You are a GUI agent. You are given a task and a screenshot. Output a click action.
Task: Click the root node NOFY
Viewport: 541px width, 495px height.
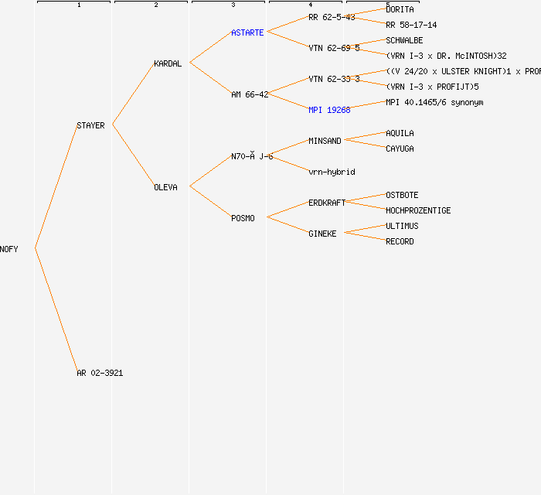[9, 249]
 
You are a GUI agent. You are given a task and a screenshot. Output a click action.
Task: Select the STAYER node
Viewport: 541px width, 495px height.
[90, 125]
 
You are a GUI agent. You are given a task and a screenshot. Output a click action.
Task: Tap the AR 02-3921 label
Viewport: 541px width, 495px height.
[100, 373]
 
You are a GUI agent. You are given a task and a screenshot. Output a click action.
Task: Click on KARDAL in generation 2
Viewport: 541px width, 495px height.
[168, 63]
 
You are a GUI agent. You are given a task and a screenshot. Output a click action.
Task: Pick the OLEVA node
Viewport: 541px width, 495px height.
[165, 187]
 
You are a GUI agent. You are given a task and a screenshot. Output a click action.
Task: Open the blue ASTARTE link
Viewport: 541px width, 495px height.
[247, 32]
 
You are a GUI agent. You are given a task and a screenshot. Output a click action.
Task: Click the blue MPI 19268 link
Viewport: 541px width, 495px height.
[329, 110]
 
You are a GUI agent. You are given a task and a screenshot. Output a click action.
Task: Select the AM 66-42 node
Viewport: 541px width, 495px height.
[250, 94]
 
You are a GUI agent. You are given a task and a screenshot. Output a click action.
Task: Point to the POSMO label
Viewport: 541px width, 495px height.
[243, 218]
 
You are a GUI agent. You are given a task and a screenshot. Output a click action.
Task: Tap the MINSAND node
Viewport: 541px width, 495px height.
[325, 141]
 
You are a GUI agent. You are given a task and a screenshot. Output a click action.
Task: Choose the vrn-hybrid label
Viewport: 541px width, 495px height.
[332, 172]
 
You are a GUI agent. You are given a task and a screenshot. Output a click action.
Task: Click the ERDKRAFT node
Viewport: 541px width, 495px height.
[327, 203]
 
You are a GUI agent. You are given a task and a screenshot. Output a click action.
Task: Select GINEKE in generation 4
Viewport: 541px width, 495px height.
[322, 234]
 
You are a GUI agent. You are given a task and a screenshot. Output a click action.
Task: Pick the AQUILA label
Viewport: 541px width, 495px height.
[400, 133]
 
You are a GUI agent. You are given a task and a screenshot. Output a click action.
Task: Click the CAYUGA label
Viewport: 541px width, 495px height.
[400, 148]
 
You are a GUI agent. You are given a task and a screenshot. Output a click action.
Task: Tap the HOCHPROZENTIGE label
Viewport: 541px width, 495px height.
[418, 210]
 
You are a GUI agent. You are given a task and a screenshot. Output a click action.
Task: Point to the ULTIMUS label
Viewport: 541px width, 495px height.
[402, 226]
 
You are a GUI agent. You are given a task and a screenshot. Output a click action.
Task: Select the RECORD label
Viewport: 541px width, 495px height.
[400, 241]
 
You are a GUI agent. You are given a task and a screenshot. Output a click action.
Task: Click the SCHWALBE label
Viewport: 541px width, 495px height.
[404, 40]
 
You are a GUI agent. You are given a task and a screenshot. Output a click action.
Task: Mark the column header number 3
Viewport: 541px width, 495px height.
[233, 5]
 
